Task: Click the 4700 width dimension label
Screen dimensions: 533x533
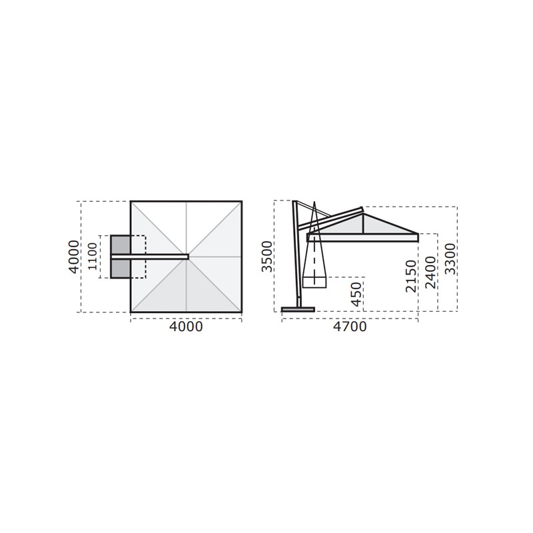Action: click(350, 326)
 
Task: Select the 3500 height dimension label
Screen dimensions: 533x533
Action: click(267, 257)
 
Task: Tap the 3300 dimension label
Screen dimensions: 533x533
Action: click(450, 259)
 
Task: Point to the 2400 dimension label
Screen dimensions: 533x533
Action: click(430, 272)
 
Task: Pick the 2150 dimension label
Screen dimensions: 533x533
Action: click(411, 276)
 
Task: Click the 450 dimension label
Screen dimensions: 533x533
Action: click(356, 294)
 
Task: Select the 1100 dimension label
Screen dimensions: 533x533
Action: click(92, 257)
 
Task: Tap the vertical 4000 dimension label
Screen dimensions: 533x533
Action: click(74, 257)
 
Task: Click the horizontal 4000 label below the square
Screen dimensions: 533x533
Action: click(186, 326)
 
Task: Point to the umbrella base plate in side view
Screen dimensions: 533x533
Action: click(298, 309)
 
